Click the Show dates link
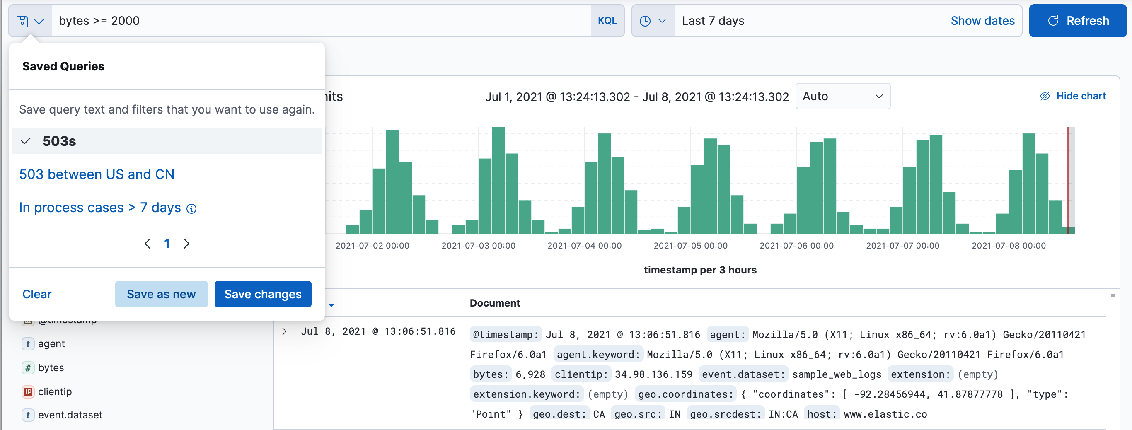[x=982, y=21]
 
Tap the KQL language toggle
[x=607, y=21]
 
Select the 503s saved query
[x=59, y=141]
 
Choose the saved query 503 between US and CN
[x=97, y=174]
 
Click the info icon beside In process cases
[x=191, y=209]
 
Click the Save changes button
[x=262, y=294]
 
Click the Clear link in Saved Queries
[x=37, y=294]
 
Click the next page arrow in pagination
[x=186, y=244]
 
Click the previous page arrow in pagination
[x=148, y=244]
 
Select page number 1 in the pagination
[x=167, y=244]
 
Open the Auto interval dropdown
[x=842, y=96]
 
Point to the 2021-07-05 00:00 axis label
[x=690, y=246]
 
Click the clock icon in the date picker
[x=645, y=21]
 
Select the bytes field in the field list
[x=51, y=367]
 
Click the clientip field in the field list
[x=55, y=391]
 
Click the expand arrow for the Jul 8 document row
[x=284, y=331]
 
